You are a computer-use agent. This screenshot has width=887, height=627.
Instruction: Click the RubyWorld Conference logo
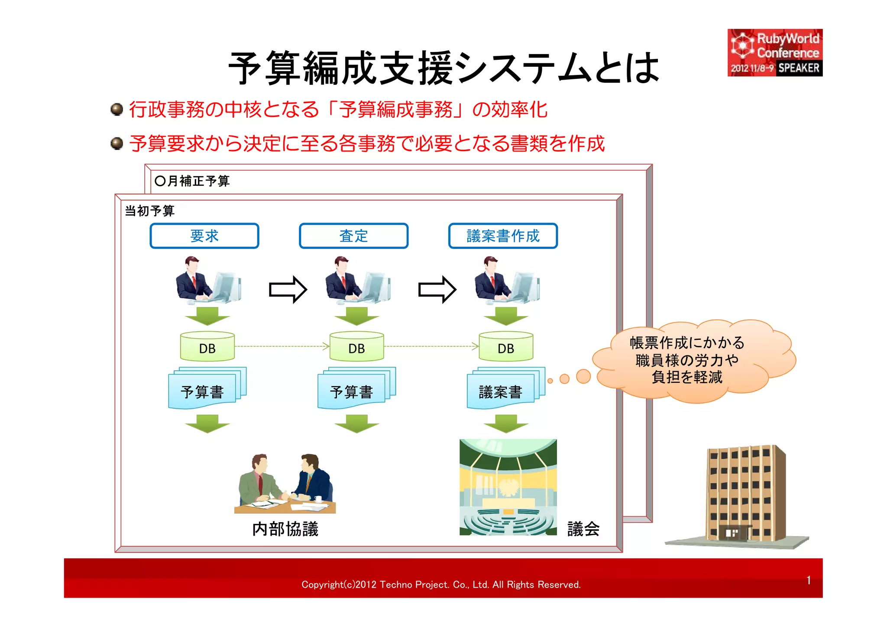tap(775, 53)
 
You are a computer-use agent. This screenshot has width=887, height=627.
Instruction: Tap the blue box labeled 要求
tap(204, 236)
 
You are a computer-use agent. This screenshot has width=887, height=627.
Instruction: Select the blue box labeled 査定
tap(353, 236)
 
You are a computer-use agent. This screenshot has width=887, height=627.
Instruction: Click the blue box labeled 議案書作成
tap(503, 236)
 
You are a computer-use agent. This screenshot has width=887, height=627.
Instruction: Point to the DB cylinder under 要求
tap(207, 346)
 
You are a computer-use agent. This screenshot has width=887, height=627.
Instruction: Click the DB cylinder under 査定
tap(356, 346)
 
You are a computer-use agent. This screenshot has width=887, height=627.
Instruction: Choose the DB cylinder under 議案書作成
tap(506, 346)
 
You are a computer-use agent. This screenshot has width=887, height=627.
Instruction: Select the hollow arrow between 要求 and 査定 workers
tap(288, 289)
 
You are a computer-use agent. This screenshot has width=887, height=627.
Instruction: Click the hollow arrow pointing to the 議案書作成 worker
tap(437, 289)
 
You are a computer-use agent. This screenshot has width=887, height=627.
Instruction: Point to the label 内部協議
tap(285, 529)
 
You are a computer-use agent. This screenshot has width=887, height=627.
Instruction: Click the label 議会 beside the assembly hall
tap(583, 529)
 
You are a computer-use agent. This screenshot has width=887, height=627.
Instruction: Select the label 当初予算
tap(149, 211)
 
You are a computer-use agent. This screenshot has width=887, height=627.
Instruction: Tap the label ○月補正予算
tap(192, 181)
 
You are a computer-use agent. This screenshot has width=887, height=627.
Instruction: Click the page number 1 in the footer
tap(809, 580)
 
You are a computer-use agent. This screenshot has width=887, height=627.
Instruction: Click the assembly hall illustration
tap(508, 487)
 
